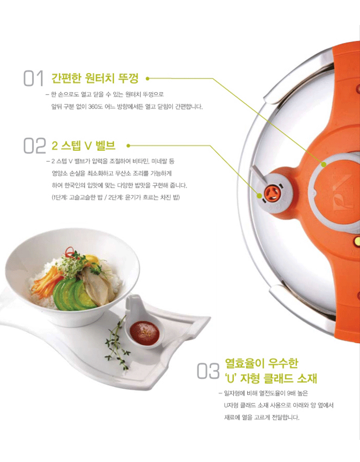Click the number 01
34,78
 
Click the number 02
35,146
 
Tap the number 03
208,371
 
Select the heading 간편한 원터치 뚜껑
95,78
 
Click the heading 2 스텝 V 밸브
84,146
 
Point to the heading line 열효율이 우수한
262,363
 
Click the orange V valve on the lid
271,194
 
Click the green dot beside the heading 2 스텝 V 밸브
128,146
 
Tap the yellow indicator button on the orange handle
357,242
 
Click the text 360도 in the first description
95,107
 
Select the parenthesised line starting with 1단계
116,197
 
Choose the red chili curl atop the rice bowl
70,251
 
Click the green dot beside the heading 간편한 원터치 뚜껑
147,79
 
